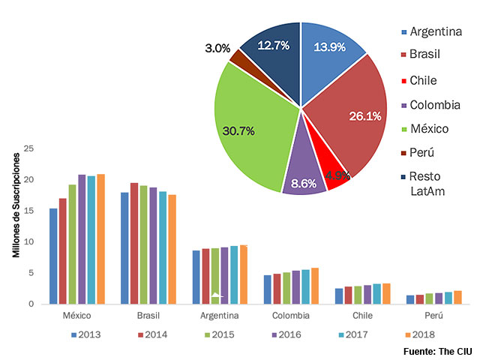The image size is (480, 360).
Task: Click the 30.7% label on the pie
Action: tap(238, 130)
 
